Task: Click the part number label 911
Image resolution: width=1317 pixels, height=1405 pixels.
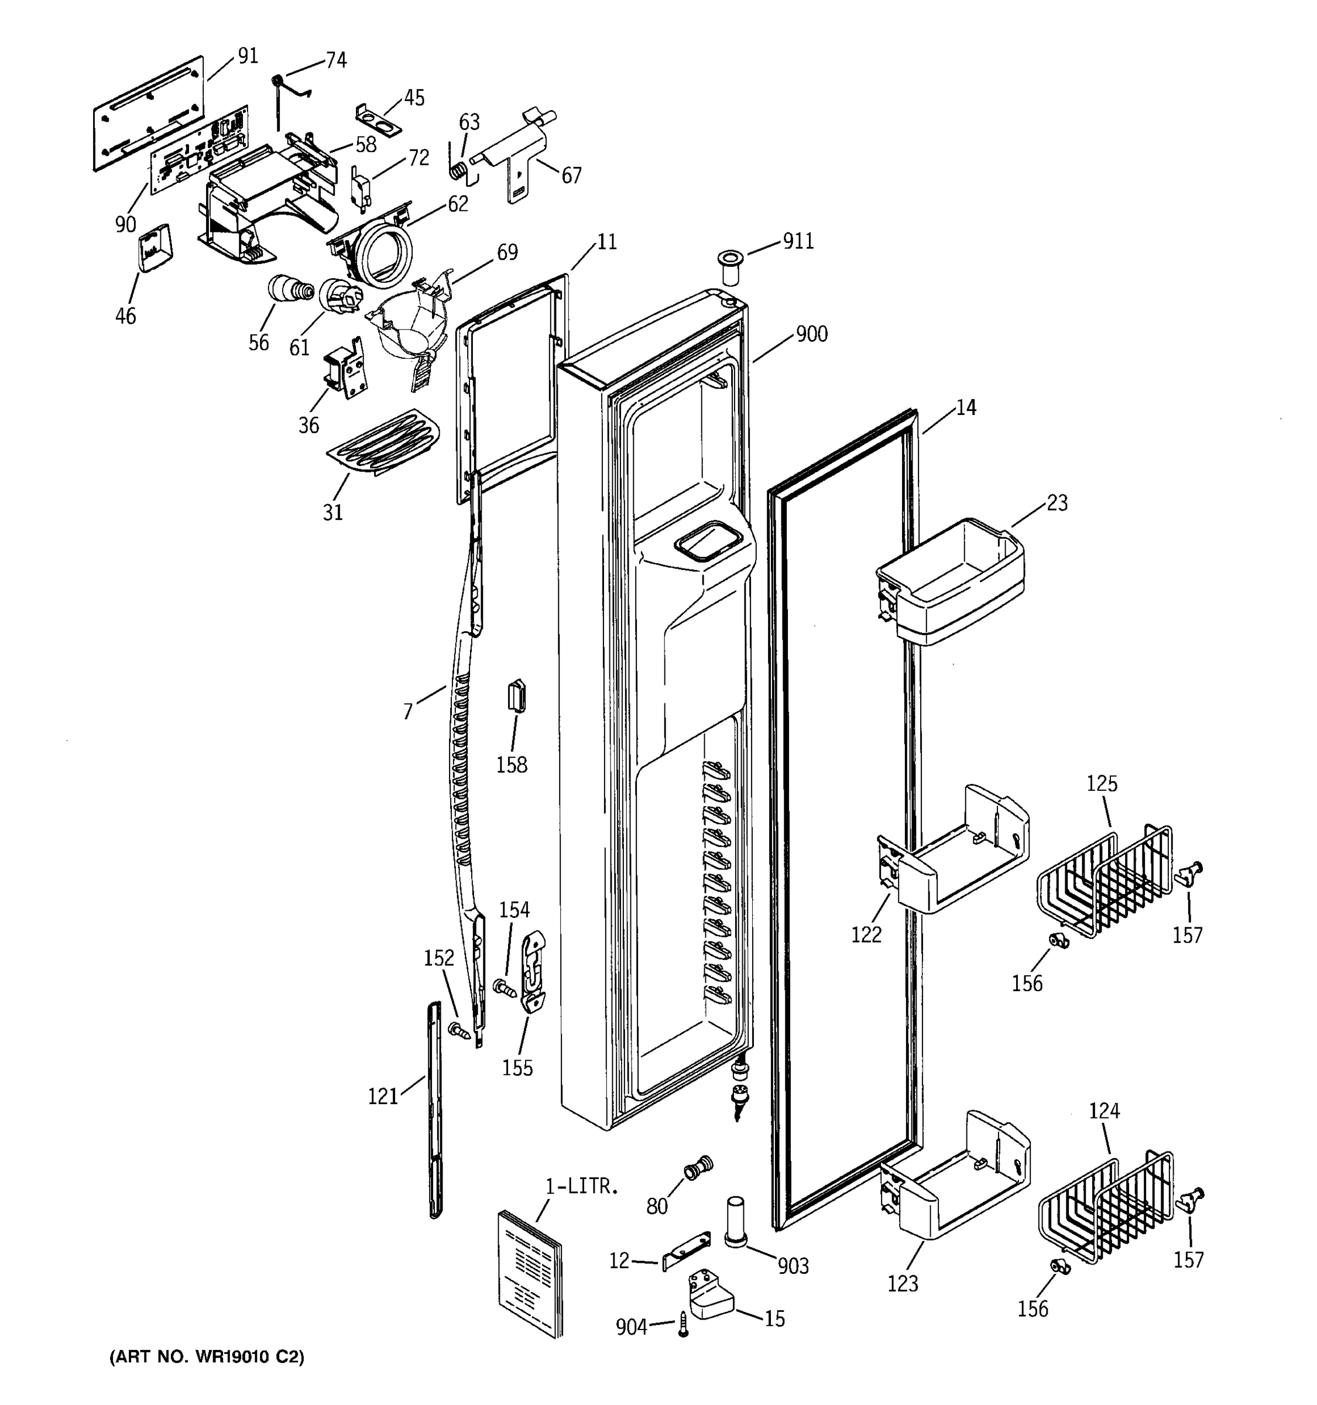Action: click(798, 242)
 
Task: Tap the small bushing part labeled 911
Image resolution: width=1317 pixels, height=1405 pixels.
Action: click(730, 265)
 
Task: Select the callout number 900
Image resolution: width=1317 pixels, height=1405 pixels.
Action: click(811, 334)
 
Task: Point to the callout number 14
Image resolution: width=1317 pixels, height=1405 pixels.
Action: click(965, 408)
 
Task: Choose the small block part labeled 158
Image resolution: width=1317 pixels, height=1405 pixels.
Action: click(516, 697)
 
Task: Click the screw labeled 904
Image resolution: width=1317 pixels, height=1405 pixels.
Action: click(683, 1322)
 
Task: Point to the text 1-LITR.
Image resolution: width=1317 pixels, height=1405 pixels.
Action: click(581, 1187)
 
